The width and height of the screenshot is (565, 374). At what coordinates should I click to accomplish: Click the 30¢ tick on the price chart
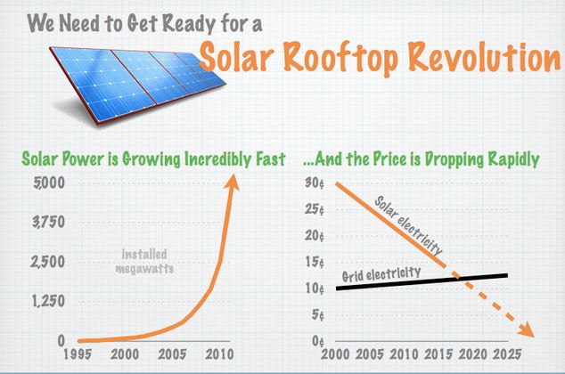coord(312,184)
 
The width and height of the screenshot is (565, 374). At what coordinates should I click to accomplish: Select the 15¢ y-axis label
coord(312,262)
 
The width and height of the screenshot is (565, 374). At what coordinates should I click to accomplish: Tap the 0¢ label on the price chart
coord(315,340)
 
